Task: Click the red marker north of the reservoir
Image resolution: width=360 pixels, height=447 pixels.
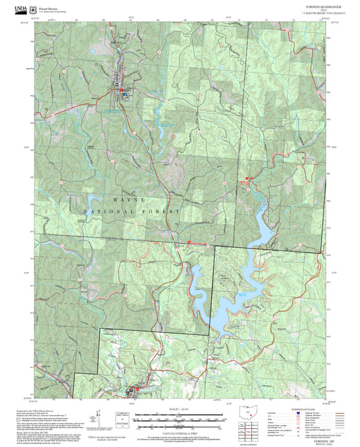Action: coord(247,178)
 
